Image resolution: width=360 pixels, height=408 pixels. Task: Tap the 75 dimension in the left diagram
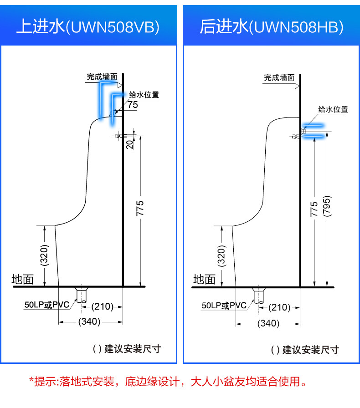133,105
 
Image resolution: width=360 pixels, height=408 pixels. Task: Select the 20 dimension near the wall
130,144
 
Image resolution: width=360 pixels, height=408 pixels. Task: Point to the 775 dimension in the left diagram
140,208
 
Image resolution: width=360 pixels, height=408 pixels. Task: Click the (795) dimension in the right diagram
327,206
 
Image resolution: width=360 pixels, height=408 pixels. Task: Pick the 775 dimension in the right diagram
314,209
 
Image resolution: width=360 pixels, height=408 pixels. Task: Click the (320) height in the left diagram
44,255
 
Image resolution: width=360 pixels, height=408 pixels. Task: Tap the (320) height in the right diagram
221,256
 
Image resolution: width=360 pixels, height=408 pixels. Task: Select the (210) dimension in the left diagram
103,306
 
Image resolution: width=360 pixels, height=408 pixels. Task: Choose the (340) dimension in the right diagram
268,323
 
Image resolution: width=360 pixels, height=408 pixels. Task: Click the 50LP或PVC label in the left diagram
47,305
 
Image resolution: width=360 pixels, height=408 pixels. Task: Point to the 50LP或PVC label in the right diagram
224,306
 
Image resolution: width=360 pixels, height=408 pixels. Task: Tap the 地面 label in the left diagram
23,280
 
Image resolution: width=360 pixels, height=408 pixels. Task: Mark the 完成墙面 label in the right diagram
279,77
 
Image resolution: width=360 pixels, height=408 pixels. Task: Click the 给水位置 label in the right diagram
333,109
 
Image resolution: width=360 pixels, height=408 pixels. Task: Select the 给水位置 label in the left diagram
144,95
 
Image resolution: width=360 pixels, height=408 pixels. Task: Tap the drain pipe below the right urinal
259,296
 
